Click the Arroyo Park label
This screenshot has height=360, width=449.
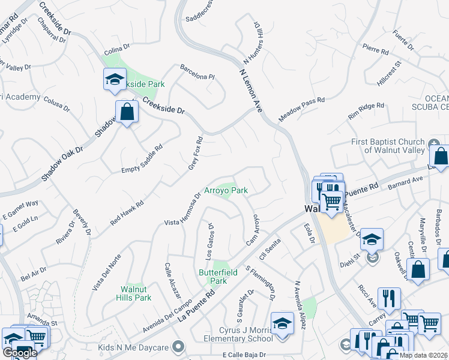click(x=226, y=190)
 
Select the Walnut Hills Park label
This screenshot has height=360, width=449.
click(x=136, y=293)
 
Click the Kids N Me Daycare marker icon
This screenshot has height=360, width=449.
click(x=178, y=347)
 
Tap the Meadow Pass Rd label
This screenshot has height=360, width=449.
click(x=301, y=109)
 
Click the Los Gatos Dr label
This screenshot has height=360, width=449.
click(x=211, y=242)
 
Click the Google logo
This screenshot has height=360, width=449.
click(x=19, y=353)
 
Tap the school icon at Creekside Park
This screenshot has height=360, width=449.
click(x=113, y=79)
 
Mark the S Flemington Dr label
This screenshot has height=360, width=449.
click(x=261, y=283)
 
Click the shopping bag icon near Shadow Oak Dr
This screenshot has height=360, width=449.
click(x=127, y=111)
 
